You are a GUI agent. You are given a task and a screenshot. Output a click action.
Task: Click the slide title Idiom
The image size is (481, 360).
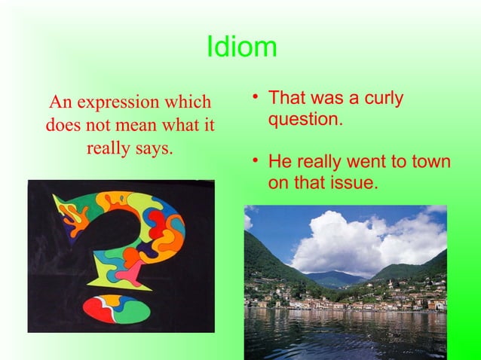coord(241,48)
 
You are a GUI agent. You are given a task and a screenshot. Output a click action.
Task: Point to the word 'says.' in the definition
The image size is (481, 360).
coord(151,148)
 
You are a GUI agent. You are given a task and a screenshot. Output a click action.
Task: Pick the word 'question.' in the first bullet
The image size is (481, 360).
coord(305,119)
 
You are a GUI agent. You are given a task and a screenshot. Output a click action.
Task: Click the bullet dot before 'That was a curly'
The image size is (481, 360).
coord(256,99)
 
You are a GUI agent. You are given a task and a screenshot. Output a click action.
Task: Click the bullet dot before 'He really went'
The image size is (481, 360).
coord(256,162)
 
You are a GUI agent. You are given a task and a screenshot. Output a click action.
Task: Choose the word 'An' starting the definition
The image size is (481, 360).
coord(58,102)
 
